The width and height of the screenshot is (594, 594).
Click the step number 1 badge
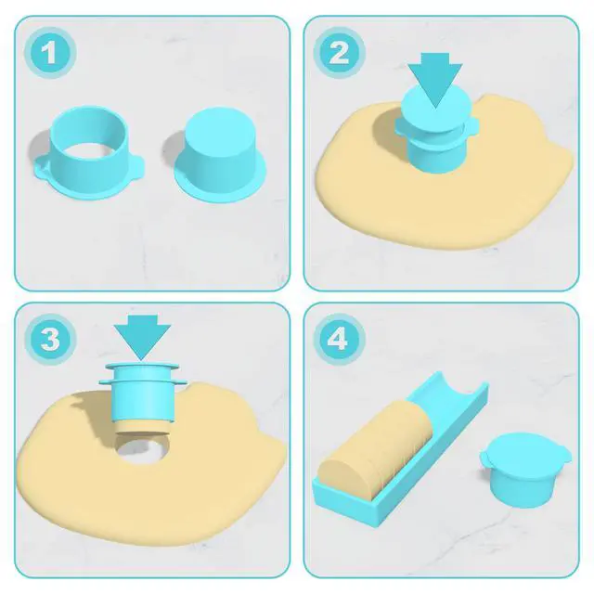(50, 53)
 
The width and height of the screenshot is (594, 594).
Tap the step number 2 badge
(339, 53)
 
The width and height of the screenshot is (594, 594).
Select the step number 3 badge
(50, 339)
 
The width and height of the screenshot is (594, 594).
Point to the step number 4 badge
(339, 339)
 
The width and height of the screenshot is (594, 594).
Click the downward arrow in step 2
(435, 78)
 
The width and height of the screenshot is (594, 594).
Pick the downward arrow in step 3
(142, 335)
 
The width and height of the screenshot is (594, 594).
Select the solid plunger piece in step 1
(220, 155)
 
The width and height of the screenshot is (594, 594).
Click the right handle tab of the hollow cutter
(138, 166)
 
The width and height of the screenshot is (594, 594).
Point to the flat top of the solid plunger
(220, 128)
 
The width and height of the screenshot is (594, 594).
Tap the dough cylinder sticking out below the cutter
(142, 427)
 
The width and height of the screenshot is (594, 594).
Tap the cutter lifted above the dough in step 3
(142, 394)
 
